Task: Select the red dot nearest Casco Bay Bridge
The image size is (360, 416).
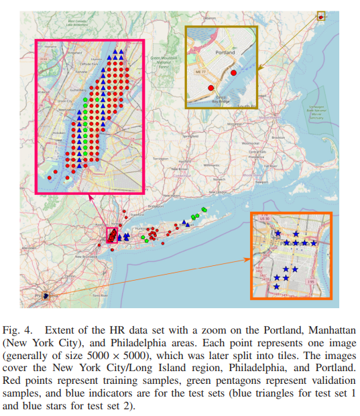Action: (211, 88)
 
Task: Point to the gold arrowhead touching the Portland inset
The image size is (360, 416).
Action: (257, 68)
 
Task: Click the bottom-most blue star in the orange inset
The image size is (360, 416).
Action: (277, 287)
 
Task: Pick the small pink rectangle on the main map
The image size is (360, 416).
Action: (112, 235)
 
